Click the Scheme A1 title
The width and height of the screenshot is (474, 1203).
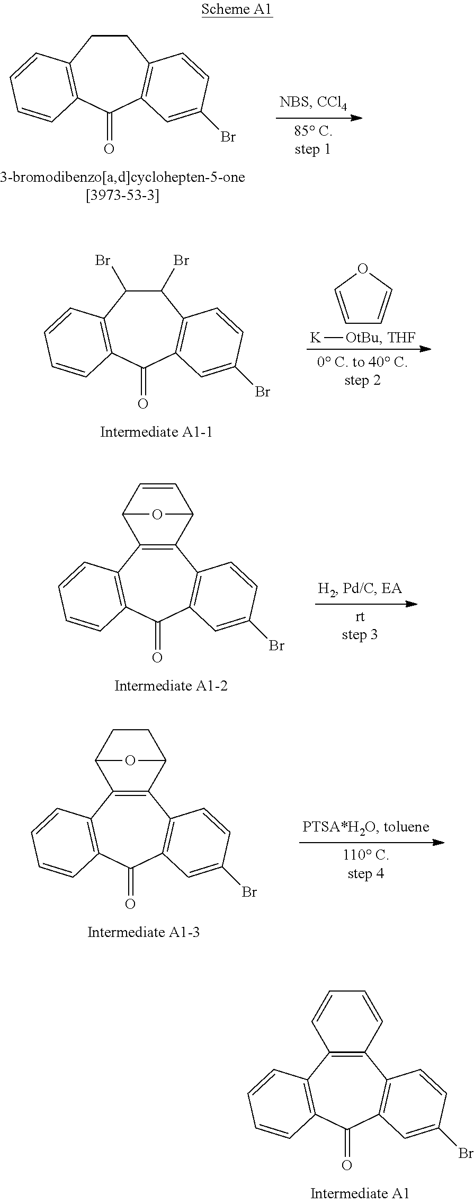(x=237, y=9)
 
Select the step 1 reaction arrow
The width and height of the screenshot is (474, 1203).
(x=319, y=118)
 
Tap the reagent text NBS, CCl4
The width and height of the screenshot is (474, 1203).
(x=313, y=102)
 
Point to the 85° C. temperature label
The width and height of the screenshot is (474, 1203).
(x=313, y=132)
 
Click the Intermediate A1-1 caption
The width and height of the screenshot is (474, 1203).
(x=156, y=432)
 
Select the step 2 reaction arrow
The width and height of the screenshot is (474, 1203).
(x=369, y=349)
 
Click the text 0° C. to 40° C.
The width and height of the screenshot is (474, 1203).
(x=362, y=364)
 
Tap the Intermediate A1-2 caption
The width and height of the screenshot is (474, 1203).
(x=171, y=686)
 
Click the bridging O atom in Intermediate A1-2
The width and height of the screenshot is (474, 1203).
(x=157, y=515)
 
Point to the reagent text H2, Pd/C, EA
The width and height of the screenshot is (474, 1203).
(x=360, y=588)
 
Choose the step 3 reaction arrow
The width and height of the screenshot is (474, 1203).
(x=366, y=604)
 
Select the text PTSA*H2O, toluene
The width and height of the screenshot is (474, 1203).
(x=366, y=827)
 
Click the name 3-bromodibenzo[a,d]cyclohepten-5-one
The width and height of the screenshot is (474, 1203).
(x=123, y=178)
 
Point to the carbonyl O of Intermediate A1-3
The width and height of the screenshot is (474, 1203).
(x=130, y=904)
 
